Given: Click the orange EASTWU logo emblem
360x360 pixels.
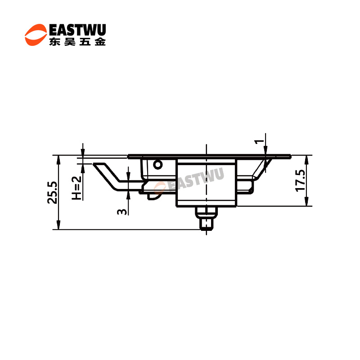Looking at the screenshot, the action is tap(36, 35).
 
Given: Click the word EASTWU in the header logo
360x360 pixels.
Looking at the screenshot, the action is tap(77, 30).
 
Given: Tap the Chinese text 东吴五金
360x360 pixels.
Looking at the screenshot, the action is tap(77, 42).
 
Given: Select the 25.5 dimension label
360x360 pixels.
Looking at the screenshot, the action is tap(52, 193).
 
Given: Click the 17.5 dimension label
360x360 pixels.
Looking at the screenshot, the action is tap(300, 180).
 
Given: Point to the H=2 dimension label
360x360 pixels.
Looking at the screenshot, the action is tap(76, 188).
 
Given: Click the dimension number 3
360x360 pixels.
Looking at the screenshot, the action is tap(121, 211).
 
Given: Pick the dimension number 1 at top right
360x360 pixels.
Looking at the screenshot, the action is tap(259, 142).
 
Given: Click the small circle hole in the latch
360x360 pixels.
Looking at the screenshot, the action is tap(158, 164).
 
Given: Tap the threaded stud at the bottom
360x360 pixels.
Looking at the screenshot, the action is tap(206, 224).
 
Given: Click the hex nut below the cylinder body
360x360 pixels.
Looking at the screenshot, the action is tap(206, 212).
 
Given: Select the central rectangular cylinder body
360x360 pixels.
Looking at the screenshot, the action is tap(206, 183).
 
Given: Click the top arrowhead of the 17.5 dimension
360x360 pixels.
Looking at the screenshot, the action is tap(306, 160).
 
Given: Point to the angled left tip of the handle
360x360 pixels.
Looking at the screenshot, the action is tap(93, 164).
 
